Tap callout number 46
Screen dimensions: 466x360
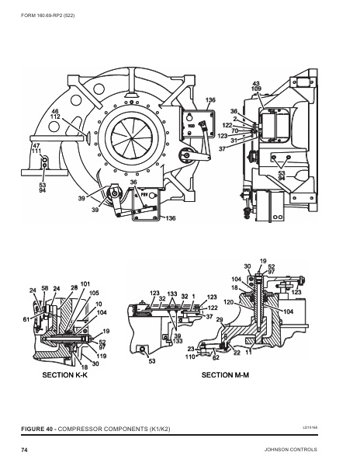coord(55,112)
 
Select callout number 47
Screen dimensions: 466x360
coord(36,145)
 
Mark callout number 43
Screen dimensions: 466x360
coord(255,82)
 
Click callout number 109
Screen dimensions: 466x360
coord(256,89)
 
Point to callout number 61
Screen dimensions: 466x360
coord(26,319)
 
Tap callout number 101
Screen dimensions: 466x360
coord(85,284)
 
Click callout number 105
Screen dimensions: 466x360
coord(94,293)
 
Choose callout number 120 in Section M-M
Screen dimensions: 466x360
coord(229,301)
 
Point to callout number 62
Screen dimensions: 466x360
coord(216,358)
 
